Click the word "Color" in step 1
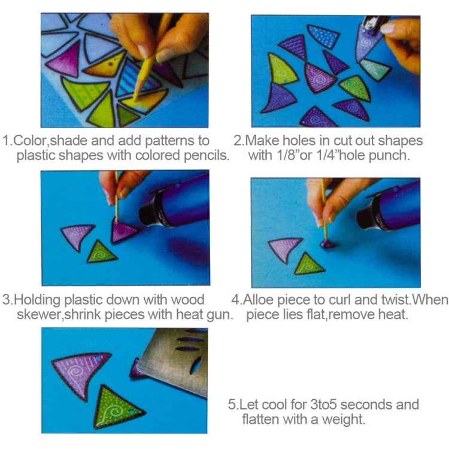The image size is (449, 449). (29, 141)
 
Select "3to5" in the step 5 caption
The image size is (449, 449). (324, 405)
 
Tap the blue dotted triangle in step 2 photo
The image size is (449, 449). (323, 36)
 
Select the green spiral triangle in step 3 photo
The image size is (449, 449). (101, 252)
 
